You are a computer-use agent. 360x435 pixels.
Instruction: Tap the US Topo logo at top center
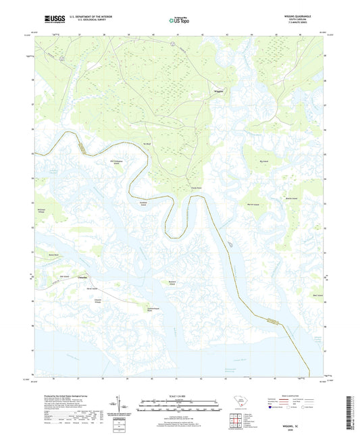[x=179, y=21]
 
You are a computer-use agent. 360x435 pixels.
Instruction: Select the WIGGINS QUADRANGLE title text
[x=303, y=16]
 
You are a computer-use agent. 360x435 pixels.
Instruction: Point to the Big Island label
[x=264, y=162]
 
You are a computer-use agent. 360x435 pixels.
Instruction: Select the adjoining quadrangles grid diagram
[x=236, y=421]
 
